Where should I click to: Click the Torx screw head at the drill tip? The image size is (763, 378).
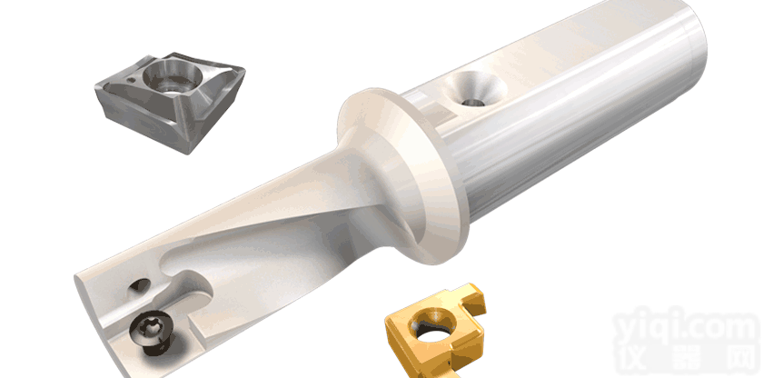point(152,329)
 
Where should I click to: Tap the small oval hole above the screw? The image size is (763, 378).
point(139,286)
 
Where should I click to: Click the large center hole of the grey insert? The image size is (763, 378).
point(173,78)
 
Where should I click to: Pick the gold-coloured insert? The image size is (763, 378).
point(435,331)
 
